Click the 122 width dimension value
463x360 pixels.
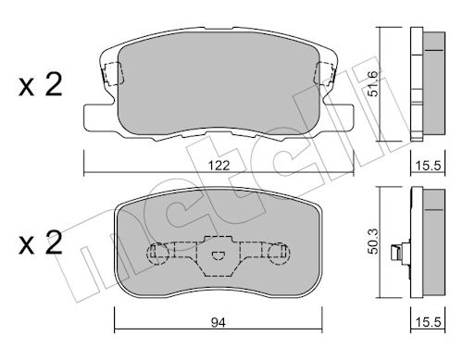219,166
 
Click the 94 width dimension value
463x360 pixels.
219,323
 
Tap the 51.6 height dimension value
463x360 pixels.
373,83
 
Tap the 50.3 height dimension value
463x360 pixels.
373,242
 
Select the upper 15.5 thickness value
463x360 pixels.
428,166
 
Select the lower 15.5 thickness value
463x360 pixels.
428,323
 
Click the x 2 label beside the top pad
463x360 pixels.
40,84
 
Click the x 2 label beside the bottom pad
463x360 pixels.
40,242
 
